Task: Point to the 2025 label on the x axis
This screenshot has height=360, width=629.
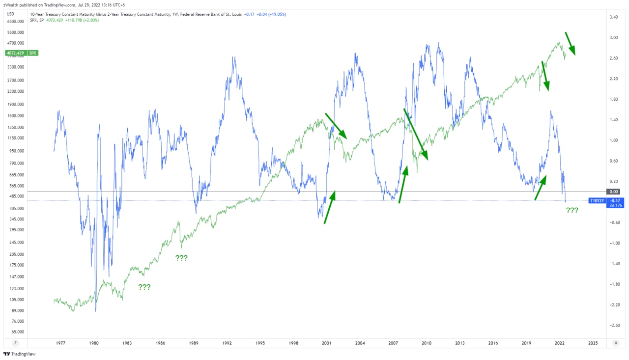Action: (593, 343)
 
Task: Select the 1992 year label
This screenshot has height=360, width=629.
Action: (227, 343)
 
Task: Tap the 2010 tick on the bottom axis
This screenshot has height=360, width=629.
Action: (427, 343)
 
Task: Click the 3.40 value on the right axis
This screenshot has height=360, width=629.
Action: (614, 17)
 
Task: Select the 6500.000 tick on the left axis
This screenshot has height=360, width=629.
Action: (15, 22)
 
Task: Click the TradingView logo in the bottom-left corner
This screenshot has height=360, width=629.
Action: (20, 354)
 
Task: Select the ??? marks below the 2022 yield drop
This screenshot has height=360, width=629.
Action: (572, 211)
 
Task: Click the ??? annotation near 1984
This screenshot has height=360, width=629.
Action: (144, 287)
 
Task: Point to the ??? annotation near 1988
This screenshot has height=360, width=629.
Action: (181, 258)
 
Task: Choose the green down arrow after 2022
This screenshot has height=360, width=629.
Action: (570, 43)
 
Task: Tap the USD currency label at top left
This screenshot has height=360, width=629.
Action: (10, 14)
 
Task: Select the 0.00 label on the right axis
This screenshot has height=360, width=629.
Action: (614, 192)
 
